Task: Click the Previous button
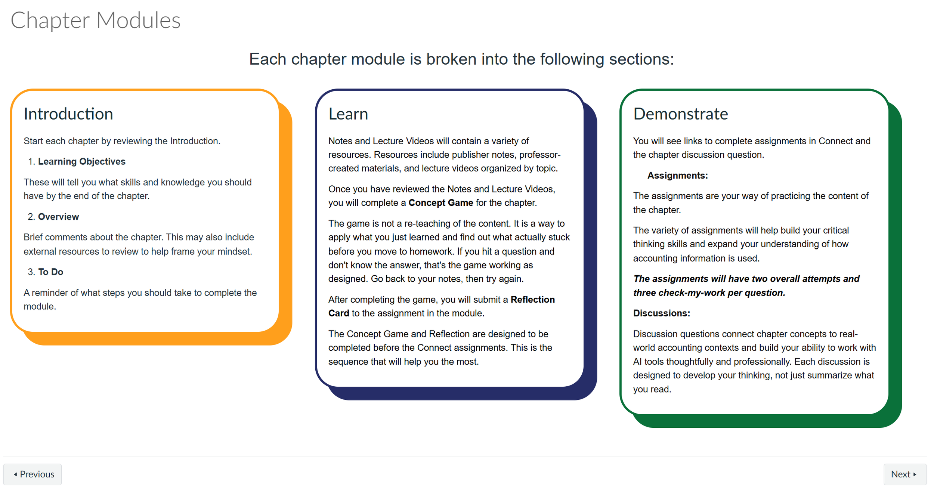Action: click(x=33, y=474)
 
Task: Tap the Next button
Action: click(x=904, y=474)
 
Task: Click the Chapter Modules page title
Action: click(x=96, y=20)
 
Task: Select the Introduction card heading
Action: click(x=68, y=114)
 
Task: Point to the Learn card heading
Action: click(x=348, y=114)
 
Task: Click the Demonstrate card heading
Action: click(x=680, y=114)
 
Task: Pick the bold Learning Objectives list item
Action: click(x=81, y=161)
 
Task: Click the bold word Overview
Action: click(x=58, y=217)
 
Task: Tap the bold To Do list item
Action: click(x=50, y=272)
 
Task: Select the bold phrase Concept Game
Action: click(x=440, y=203)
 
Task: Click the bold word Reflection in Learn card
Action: click(x=532, y=300)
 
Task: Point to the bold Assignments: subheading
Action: click(x=677, y=176)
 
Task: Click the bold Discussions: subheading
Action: click(x=661, y=313)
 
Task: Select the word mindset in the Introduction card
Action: click(x=234, y=251)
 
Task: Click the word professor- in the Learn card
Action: click(x=540, y=155)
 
